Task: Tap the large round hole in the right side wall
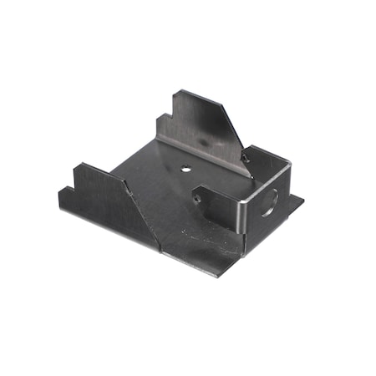coord(270,203)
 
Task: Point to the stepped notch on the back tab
coord(171,106)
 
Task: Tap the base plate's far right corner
coord(302,199)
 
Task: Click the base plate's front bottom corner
coord(219,275)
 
